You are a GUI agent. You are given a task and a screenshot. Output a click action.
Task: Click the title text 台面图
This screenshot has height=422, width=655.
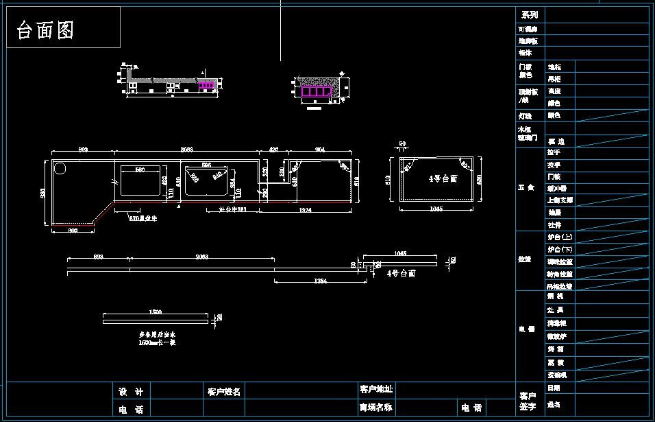[x=45, y=30]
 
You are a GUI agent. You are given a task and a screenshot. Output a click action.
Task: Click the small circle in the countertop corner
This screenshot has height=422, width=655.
[x=60, y=167]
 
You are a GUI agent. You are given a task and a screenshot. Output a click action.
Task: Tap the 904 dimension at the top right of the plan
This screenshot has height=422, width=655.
[x=319, y=149]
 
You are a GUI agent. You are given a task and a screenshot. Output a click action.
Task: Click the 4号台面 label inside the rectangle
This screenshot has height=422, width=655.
[x=443, y=178]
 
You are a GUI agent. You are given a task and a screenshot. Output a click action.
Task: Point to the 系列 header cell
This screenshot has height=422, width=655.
[x=530, y=14]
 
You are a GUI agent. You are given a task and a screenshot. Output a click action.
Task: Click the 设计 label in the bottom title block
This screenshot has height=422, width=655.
[x=131, y=392]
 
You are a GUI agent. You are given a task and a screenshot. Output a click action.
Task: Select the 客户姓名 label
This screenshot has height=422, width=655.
[x=224, y=392]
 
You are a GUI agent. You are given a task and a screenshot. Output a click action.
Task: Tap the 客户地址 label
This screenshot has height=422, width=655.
[x=376, y=389]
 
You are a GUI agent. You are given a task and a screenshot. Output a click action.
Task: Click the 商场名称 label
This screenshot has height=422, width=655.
[x=376, y=407]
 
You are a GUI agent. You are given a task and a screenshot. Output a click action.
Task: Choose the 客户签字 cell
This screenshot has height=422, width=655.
[x=528, y=401]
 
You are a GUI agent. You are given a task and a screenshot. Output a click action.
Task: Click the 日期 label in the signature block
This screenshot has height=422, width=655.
[x=554, y=388]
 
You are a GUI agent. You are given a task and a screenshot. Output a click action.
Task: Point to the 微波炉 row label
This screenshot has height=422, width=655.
[x=556, y=337]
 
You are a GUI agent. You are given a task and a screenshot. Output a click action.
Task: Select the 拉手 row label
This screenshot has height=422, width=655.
[x=554, y=152]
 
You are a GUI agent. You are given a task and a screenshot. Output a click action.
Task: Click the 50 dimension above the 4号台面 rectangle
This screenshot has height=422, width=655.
[x=401, y=144]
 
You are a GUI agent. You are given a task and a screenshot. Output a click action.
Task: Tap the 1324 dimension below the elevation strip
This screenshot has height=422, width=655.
[x=319, y=281]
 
